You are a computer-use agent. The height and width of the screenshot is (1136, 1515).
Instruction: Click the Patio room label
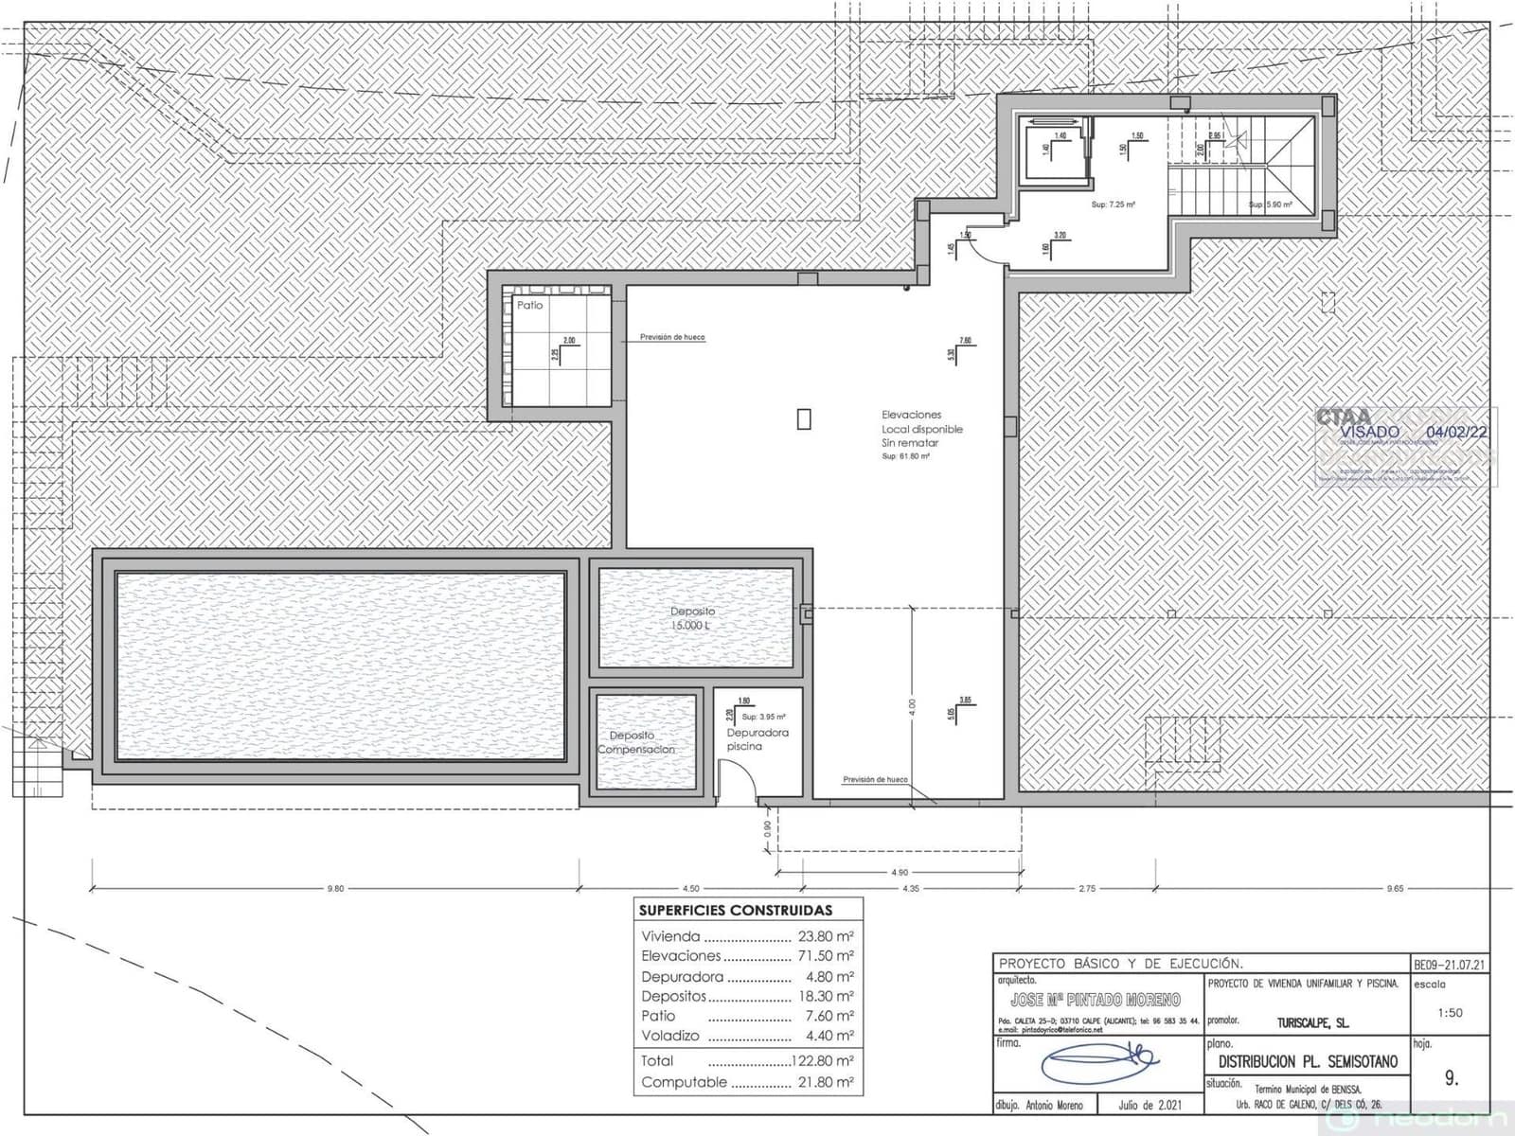[529, 305]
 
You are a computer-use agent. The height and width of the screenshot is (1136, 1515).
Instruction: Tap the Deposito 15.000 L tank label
[692, 618]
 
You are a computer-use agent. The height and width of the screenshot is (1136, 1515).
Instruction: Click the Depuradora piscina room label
[757, 739]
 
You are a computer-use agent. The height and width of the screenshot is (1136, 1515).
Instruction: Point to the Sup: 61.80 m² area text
[905, 456]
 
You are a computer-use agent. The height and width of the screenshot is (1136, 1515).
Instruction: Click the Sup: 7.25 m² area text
[1113, 204]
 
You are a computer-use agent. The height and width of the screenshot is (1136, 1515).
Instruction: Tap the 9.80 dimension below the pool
[335, 889]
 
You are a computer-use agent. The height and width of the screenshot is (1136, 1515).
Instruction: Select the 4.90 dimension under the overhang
[899, 873]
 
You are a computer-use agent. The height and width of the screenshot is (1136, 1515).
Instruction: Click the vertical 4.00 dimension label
[911, 705]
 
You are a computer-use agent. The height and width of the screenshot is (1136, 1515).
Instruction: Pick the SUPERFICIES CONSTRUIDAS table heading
[736, 910]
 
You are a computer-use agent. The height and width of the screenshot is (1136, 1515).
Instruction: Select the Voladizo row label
[670, 1036]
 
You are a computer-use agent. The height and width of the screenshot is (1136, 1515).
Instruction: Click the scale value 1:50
[1450, 1012]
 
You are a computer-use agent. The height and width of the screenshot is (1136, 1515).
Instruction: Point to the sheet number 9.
[1452, 1077]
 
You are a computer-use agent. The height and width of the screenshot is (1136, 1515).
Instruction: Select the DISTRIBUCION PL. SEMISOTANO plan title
[1307, 1061]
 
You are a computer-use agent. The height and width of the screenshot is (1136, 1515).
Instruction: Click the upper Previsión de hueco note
[671, 337]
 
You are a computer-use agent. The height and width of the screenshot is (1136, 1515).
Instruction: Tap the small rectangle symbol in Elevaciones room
[804, 418]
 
